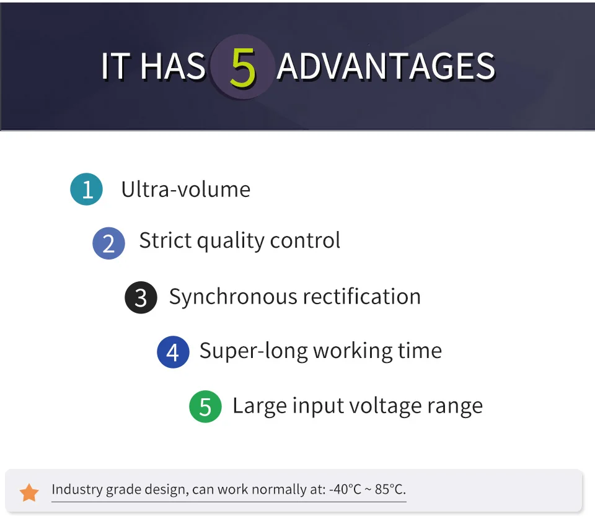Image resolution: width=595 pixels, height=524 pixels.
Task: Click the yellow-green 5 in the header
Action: pos(242,67)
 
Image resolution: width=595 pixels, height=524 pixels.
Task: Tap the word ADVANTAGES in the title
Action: pos(385,66)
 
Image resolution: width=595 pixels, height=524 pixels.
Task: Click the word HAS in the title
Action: pos(173,66)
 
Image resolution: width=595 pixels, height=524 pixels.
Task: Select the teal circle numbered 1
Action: pos(87,189)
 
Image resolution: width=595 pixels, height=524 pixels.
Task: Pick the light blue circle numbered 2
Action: pos(109,243)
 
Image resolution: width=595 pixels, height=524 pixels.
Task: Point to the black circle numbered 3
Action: pos(141,298)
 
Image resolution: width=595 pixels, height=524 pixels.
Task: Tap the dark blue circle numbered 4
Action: pos(173,352)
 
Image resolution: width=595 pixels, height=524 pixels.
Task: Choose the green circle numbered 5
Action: pos(205,406)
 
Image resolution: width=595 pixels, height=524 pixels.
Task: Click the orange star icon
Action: pos(29,492)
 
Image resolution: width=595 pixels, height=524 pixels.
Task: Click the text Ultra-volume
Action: pos(185,189)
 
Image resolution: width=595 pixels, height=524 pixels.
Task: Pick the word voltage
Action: pos(385,407)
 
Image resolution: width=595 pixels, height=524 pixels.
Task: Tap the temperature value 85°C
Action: pos(390,489)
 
